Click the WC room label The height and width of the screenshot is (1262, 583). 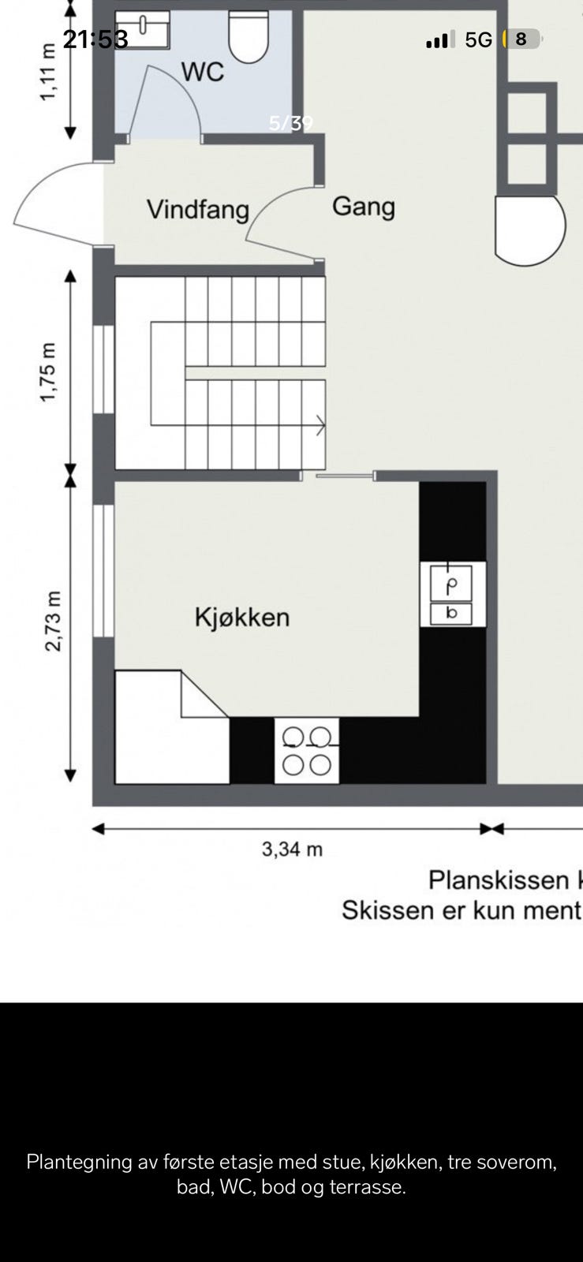point(203,72)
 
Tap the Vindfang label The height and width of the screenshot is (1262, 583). point(198,210)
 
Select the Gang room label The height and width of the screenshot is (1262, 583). point(364,207)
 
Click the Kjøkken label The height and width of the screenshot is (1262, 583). point(242,617)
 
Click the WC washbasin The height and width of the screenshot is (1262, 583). point(143,29)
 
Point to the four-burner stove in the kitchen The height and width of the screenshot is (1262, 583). point(307,751)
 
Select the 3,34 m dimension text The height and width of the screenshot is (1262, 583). point(292,849)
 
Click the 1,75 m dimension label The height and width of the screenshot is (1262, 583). point(49,372)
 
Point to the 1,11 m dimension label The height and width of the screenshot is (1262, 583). point(49,72)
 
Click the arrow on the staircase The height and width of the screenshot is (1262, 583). point(319,426)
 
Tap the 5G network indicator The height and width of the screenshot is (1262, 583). point(478,39)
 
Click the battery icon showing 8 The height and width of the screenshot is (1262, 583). point(521,39)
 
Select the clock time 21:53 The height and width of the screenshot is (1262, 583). point(95,39)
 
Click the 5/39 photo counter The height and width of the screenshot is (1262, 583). point(291,123)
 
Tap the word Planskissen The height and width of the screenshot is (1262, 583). point(499,879)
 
